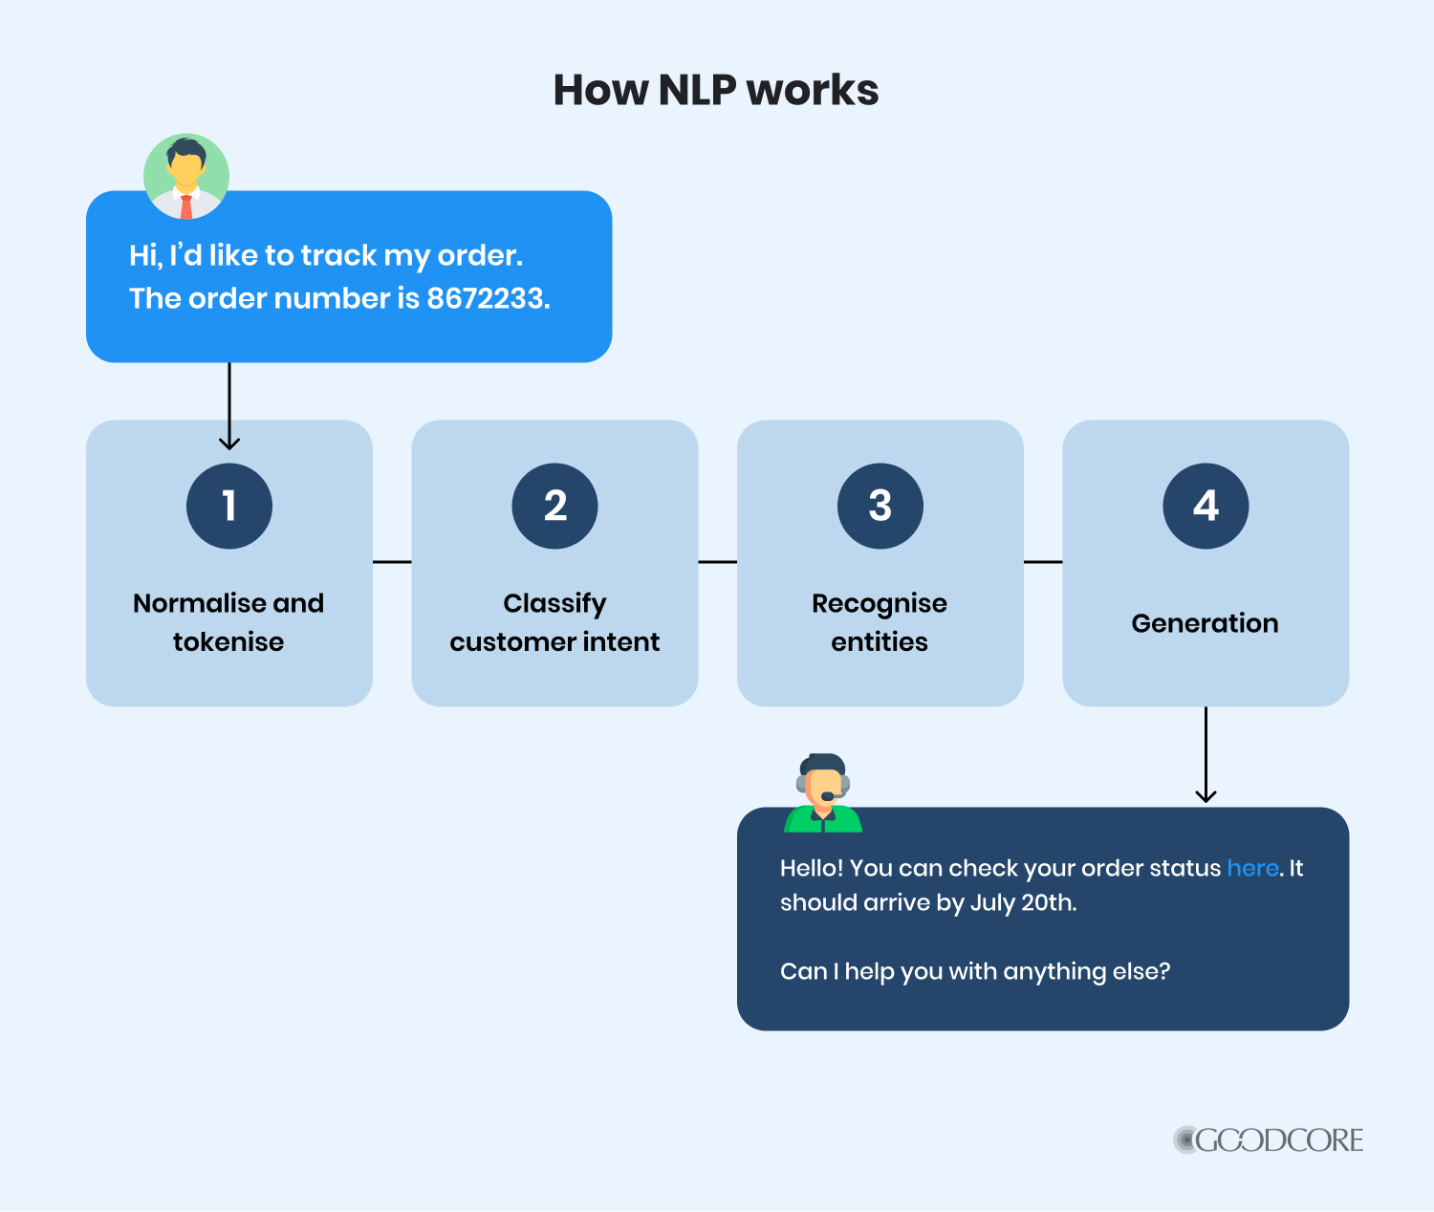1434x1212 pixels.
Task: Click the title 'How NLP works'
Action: click(716, 91)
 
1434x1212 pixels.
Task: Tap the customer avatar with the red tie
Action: click(186, 176)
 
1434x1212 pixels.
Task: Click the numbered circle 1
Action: click(229, 506)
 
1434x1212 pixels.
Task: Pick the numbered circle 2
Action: click(554, 506)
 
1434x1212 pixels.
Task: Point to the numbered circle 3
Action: click(880, 506)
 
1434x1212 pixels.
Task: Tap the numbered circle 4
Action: click(1206, 506)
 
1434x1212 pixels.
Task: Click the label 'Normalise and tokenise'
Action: click(228, 622)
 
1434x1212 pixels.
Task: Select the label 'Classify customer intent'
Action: click(554, 622)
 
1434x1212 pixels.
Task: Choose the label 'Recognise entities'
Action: click(880, 622)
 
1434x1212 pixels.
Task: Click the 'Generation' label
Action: click(1205, 623)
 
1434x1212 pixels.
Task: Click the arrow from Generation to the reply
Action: click(1206, 755)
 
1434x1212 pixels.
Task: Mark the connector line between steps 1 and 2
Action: click(392, 562)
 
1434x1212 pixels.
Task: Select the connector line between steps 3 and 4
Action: click(1043, 562)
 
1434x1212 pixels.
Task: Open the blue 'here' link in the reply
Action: click(1252, 868)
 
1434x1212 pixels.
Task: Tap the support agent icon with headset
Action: click(823, 792)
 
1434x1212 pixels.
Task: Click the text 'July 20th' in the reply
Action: click(1022, 902)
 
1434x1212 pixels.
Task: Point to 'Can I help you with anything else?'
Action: click(975, 971)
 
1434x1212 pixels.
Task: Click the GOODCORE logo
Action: click(1269, 1139)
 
